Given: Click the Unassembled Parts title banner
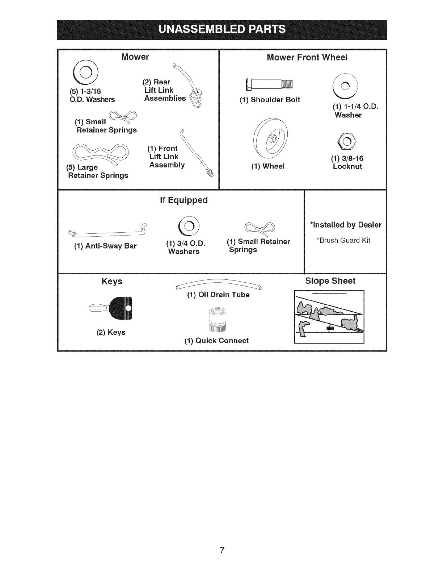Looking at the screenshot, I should pos(222,29).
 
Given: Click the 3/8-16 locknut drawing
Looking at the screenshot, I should pos(347,141).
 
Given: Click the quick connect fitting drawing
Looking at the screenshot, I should pos(217,319).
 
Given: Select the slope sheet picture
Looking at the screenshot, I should pos(329,316).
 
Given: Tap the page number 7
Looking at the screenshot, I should pos(222,550).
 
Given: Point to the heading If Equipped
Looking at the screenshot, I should pos(184,200).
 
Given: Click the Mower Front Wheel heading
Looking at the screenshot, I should pos(307,58).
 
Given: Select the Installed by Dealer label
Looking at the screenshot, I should pos(346,225).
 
